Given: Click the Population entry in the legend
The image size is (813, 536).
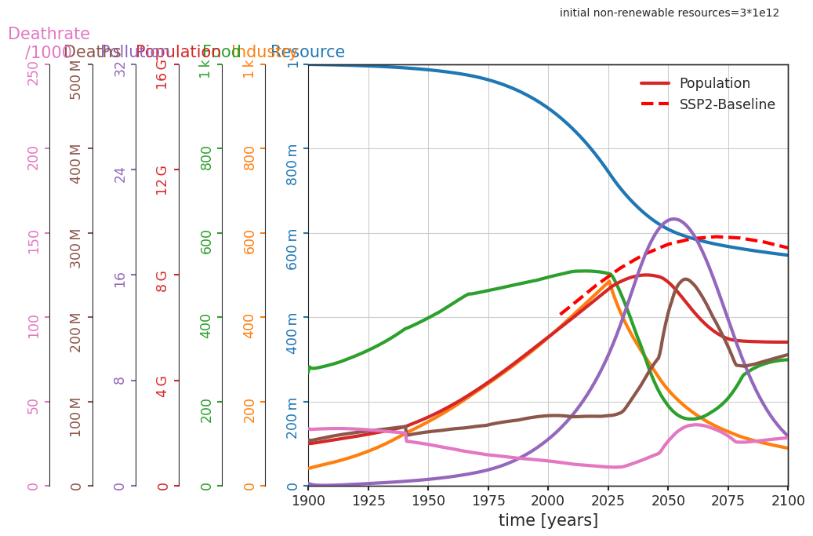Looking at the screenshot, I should pos(714,83).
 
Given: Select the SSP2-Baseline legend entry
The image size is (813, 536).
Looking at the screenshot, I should pos(727,104).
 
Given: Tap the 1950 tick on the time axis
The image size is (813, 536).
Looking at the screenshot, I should pos(428,500).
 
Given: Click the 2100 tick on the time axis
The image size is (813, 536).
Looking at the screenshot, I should pos(787,500).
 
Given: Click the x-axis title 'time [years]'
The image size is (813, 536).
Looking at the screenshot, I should pos(548,520).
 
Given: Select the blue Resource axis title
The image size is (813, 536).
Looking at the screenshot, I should pos(307,53).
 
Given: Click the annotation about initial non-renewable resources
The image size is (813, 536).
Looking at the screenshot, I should pos(669,13).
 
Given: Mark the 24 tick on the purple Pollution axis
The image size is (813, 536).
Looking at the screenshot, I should pos(120,174).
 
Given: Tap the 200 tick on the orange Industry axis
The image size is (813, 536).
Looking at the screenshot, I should pos(249,410).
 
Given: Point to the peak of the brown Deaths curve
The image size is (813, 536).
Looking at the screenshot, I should pos(685,279).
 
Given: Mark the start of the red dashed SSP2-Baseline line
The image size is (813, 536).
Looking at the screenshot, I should pos(561,314).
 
